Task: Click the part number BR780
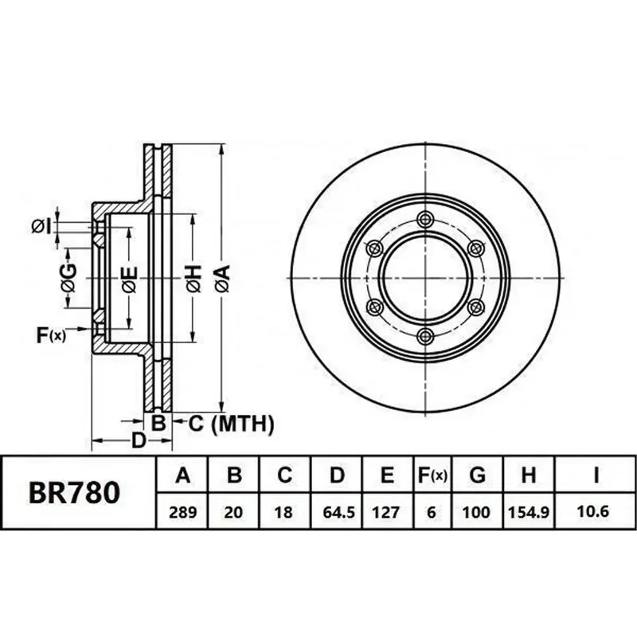[74, 492]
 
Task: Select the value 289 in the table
[182, 512]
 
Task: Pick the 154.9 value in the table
[529, 512]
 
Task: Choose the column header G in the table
[477, 474]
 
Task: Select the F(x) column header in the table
[432, 475]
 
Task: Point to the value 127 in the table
[386, 512]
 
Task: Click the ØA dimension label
[223, 278]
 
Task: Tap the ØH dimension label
[193, 278]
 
